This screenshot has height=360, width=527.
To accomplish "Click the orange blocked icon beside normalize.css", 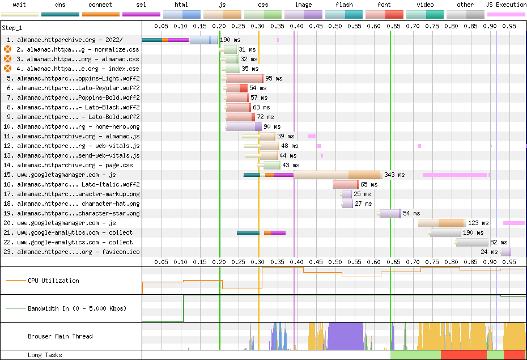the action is click(7, 49).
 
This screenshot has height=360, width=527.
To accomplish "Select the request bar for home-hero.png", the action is click(243, 127).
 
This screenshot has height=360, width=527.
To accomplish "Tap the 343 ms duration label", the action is click(394, 175).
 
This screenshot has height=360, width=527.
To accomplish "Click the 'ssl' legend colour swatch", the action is click(141, 14).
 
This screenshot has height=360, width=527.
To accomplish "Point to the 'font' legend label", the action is click(384, 5).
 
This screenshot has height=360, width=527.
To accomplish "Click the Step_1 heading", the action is click(12, 28).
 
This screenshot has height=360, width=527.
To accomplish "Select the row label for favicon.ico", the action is click(71, 252).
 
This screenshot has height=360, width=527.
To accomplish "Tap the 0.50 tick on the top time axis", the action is click(335, 26).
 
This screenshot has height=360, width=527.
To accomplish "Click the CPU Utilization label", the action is click(53, 281).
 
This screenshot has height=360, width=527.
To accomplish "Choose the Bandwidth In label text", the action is click(77, 308).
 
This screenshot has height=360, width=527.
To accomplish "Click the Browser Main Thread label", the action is click(60, 336).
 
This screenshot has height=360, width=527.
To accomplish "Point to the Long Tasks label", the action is click(45, 355).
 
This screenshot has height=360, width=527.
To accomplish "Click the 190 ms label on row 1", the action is click(230, 40).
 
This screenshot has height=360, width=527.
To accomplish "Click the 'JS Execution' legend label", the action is click(506, 5).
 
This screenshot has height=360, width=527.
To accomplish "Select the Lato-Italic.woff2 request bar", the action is click(346, 185).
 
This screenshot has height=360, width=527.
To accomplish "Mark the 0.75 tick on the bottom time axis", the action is click(432, 262).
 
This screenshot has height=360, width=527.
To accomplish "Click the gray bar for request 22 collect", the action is click(471, 242).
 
